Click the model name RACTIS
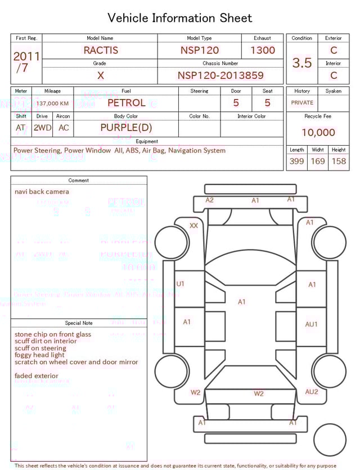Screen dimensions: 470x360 coord(101,50)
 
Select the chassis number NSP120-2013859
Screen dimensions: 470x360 coord(220,75)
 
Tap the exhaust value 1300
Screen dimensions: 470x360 coord(263,50)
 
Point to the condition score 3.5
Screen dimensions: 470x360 coord(302,63)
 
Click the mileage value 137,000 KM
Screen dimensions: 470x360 coord(53,104)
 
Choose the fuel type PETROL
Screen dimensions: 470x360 coord(126,103)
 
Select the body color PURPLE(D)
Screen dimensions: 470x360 coord(126,128)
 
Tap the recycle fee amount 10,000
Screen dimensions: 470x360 coord(318,133)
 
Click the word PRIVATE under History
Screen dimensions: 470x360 coord(302,103)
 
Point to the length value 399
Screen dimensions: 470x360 coord(296,162)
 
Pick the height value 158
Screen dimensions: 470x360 coord(339,162)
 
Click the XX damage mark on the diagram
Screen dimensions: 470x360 coord(193,226)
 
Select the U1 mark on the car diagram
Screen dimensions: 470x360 coord(181,284)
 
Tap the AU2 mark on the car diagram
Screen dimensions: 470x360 coord(312,392)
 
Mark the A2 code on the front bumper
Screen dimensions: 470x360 coord(209,200)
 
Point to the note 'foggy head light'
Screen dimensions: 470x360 coord(39,355)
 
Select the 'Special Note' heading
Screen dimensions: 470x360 coord(79,323)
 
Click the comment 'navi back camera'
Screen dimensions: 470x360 coord(42,192)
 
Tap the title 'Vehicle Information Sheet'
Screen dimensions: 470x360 coord(180,18)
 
